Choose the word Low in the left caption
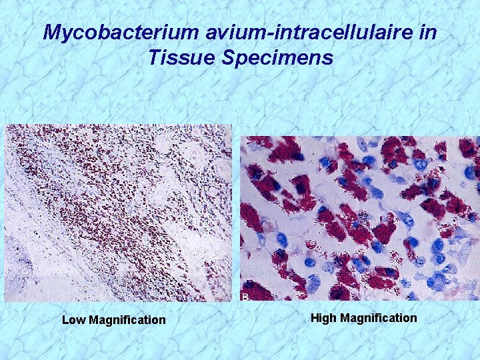coord(73,320)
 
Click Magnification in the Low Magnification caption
coord(127,320)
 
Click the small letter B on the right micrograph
coord(245,296)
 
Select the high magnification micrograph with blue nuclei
coord(359,218)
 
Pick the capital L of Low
coord(65,320)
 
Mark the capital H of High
coord(315,318)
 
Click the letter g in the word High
coord(327,319)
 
